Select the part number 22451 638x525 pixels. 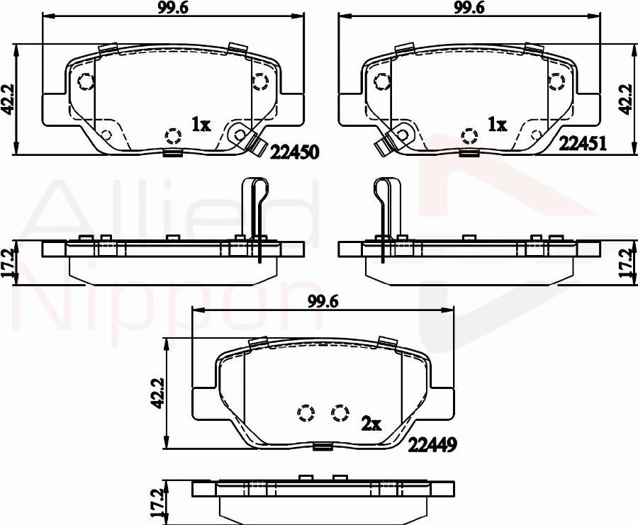(582, 144)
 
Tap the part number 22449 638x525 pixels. (431, 444)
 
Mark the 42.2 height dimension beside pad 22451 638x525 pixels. (627, 99)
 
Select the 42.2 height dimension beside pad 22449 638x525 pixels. (159, 393)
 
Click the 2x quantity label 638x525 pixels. (371, 424)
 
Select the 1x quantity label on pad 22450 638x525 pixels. (201, 125)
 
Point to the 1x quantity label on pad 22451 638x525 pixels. (498, 125)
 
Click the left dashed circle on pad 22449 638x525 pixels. (306, 412)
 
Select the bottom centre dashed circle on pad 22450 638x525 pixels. (172, 136)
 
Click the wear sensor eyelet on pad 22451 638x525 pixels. (401, 133)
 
